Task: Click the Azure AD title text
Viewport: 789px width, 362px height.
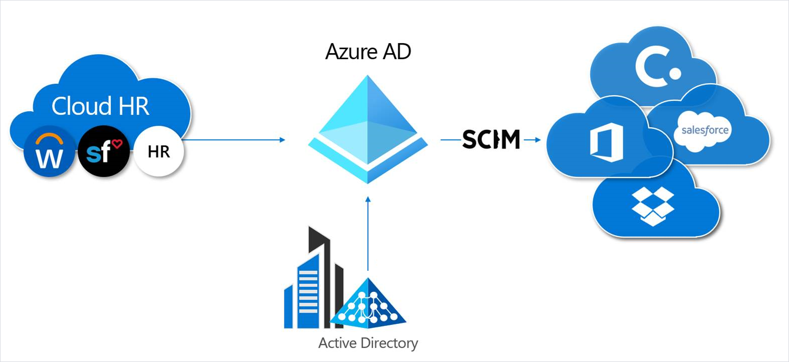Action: click(x=368, y=52)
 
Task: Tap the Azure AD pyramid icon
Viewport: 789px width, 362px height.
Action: click(x=368, y=129)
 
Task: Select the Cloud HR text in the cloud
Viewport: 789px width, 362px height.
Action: click(x=100, y=106)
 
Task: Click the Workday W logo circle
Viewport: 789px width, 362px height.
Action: click(x=50, y=152)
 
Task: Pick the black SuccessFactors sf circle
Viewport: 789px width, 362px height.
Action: click(x=104, y=151)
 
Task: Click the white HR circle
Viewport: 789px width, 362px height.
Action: click(x=159, y=151)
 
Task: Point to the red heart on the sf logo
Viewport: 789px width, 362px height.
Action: click(x=117, y=144)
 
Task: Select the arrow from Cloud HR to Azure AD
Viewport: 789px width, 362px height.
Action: click(x=233, y=140)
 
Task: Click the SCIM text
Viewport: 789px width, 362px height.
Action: click(x=491, y=139)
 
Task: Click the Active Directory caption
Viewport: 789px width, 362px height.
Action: click(x=368, y=343)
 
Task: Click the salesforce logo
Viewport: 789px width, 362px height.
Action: click(x=705, y=130)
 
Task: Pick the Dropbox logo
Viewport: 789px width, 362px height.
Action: click(x=653, y=206)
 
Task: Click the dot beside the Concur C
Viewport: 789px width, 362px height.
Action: click(x=675, y=74)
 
